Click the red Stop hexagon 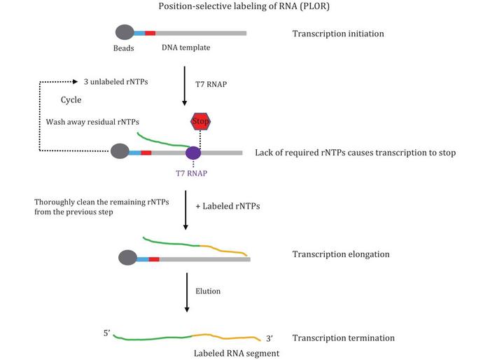pos(200,121)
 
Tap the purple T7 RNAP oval pos(193,153)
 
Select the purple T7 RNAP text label pos(191,173)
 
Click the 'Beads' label pos(123,48)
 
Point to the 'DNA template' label pos(186,48)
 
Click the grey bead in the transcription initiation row pos(125,32)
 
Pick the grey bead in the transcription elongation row pos(128,258)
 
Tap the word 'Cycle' pos(71,99)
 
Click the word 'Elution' pos(208,291)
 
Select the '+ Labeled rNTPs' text pos(227,206)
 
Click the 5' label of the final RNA pos(107,333)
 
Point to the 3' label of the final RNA pos(269,338)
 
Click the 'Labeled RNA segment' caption pos(237,354)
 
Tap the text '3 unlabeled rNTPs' pos(116,82)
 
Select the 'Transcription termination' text pos(344,338)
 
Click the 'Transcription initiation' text pos(338,34)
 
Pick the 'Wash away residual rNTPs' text pos(92,122)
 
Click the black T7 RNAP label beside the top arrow pos(211,84)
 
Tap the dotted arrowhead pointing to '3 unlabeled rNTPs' pos(76,82)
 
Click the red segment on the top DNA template pos(150,33)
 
